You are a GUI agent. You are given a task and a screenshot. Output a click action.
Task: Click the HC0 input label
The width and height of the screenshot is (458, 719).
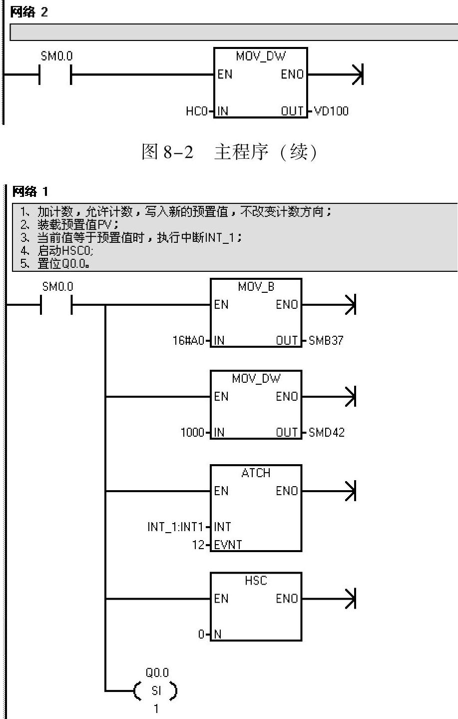(196, 111)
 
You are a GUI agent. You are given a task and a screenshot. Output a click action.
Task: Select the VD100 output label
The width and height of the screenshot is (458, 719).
(331, 111)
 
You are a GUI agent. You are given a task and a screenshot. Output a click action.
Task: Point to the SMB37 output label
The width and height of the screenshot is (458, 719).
(326, 341)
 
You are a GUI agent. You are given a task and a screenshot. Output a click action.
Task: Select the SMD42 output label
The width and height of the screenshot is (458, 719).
(327, 432)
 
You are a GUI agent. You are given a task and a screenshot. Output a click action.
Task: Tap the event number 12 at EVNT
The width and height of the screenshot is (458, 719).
(199, 545)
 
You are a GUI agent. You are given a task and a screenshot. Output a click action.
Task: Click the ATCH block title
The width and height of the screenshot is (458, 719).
(256, 473)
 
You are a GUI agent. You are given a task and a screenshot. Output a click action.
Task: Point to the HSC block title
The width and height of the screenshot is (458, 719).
(256, 581)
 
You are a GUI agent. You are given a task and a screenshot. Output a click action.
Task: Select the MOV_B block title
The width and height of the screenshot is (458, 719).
(256, 287)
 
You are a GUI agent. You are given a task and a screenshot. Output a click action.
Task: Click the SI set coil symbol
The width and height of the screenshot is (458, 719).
(156, 691)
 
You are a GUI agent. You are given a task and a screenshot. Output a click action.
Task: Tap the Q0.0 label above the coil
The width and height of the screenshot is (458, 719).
(157, 673)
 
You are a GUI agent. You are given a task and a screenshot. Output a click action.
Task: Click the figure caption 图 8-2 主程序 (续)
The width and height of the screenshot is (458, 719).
(229, 152)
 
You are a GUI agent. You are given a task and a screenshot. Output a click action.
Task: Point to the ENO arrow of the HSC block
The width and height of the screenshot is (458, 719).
(350, 599)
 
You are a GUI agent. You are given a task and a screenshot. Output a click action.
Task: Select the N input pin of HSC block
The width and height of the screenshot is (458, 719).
(218, 635)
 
